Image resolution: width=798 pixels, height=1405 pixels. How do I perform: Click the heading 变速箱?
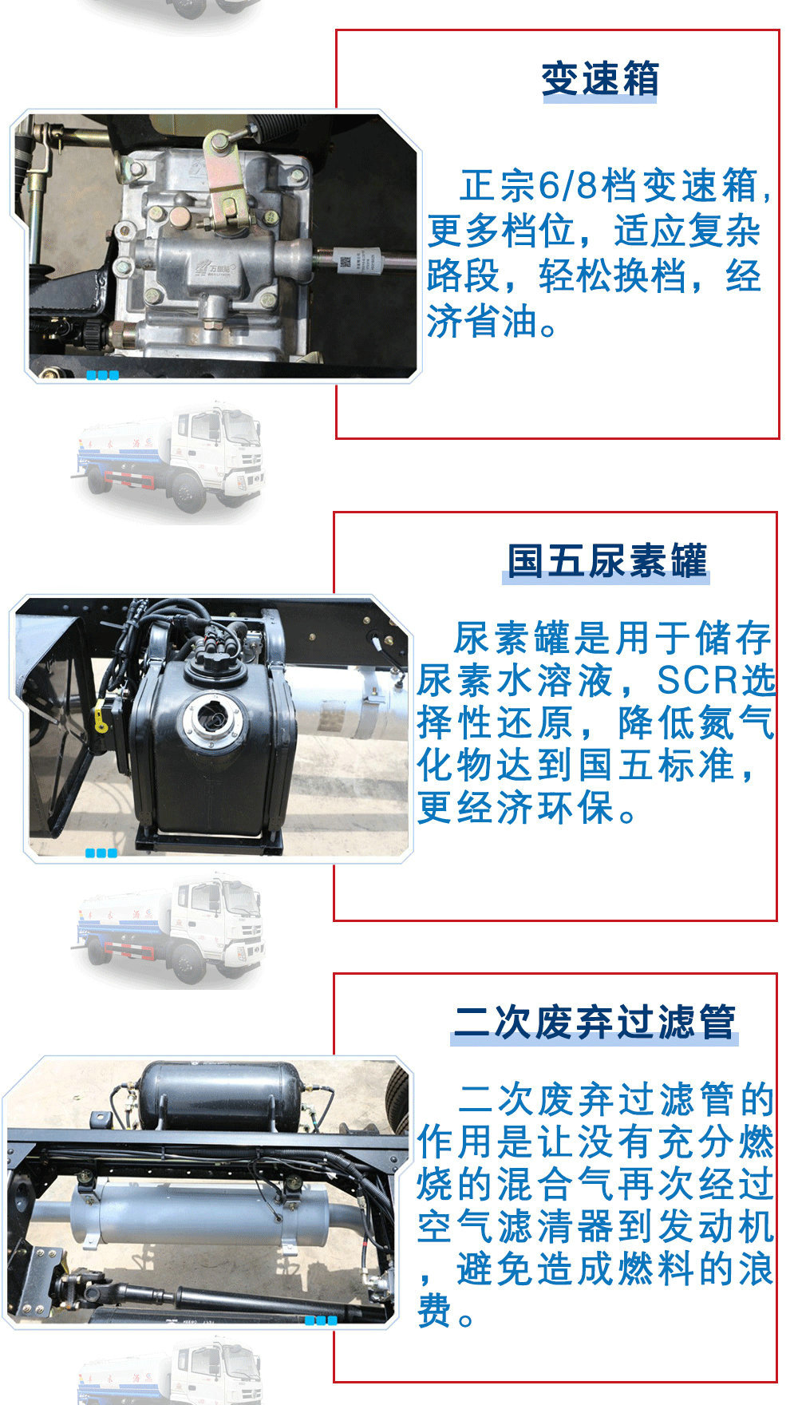600,79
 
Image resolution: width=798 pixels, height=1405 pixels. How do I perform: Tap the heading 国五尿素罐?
607,560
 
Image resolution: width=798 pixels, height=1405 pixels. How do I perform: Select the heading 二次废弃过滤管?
595,1022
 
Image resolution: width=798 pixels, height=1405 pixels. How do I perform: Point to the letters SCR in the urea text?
697,680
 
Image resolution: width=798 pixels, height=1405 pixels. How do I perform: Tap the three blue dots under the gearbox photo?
102,375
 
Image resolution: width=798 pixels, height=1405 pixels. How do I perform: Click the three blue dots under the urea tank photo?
101,853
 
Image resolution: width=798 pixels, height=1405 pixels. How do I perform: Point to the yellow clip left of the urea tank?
101,716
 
